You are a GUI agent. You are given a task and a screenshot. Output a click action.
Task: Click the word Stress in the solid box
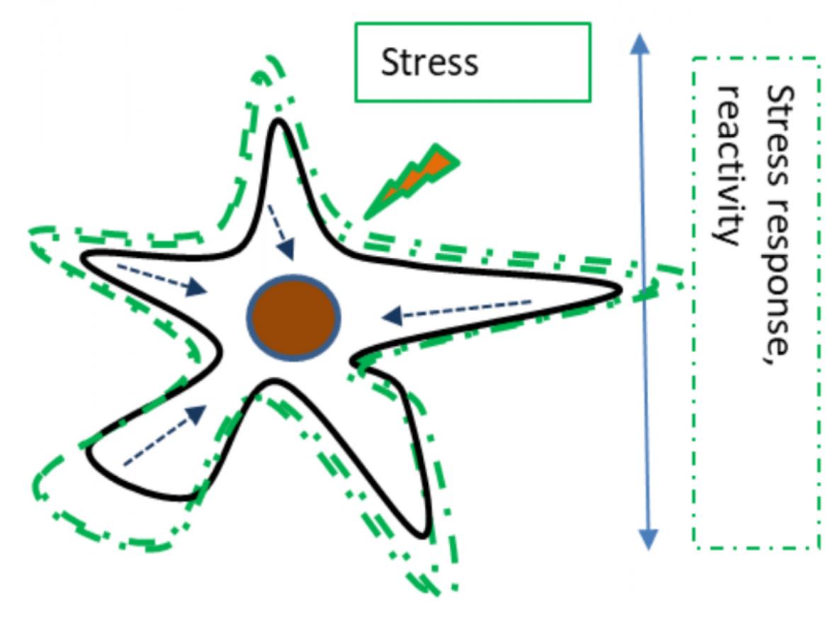429,62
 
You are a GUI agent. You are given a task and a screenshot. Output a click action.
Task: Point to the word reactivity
730,164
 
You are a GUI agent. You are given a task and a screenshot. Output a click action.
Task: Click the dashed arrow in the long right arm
457,309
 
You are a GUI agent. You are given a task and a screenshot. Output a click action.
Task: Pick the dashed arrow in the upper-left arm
162,279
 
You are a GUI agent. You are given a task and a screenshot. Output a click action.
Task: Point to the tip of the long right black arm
618,288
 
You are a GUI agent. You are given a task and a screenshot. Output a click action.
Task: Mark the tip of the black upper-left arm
85,257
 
